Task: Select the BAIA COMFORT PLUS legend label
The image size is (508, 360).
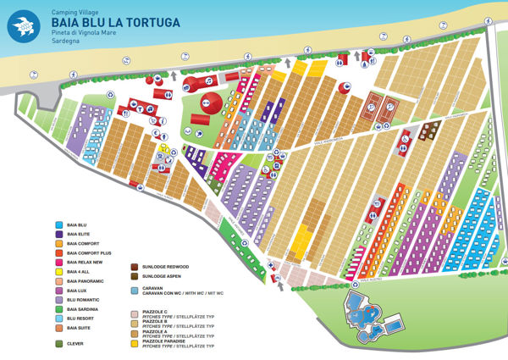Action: tap(88, 252)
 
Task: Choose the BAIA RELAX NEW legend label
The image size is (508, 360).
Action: tap(86, 262)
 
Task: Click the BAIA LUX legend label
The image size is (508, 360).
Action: tap(77, 290)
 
